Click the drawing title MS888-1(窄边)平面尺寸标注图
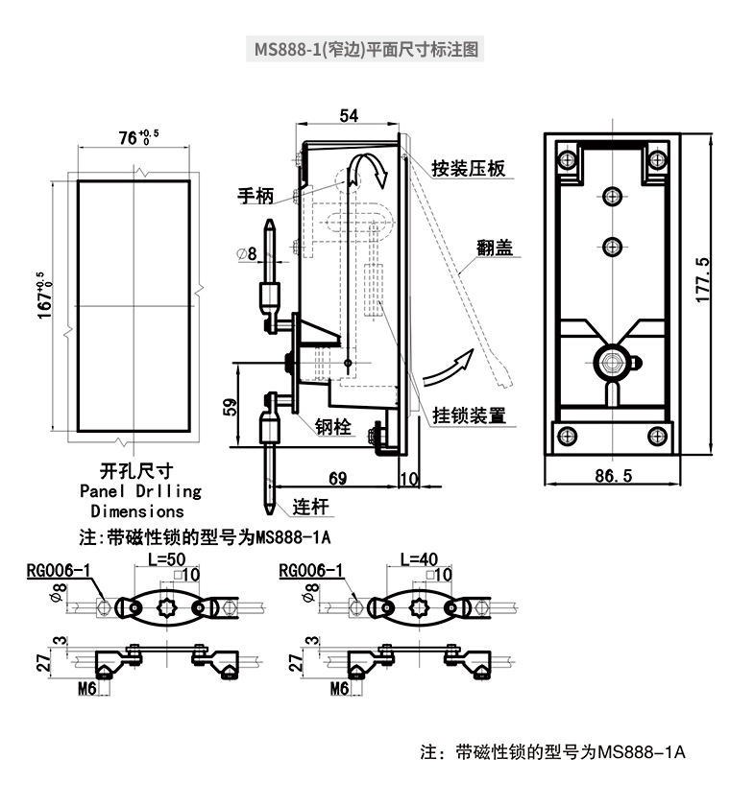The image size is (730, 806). pos(365,48)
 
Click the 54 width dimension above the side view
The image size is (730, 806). pos(349,115)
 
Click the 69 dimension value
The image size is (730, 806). pos(337,477)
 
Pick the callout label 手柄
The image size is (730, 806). pos(255,196)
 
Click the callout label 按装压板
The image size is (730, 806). pos(468,169)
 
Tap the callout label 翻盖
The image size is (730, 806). pos(494,248)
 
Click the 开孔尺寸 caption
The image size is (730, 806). pos(135,471)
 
